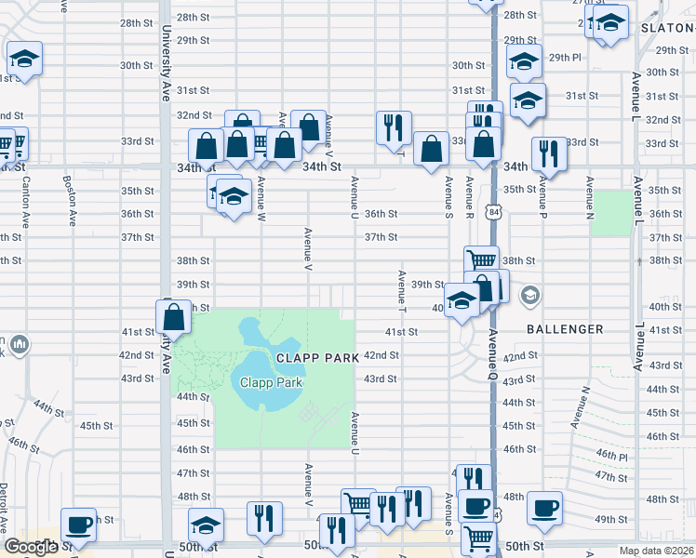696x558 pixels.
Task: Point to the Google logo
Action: pyautogui.click(x=30, y=547)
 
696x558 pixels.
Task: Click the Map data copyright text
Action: pyautogui.click(x=656, y=551)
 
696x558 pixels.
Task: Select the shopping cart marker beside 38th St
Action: pyautogui.click(x=481, y=261)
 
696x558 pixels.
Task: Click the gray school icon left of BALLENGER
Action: pyautogui.click(x=530, y=296)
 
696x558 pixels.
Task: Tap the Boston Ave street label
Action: pyautogui.click(x=68, y=199)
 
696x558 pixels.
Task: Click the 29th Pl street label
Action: pyautogui.click(x=565, y=57)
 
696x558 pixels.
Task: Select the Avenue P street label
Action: pyautogui.click(x=536, y=196)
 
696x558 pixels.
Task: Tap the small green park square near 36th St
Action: pyautogui.click(x=609, y=212)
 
